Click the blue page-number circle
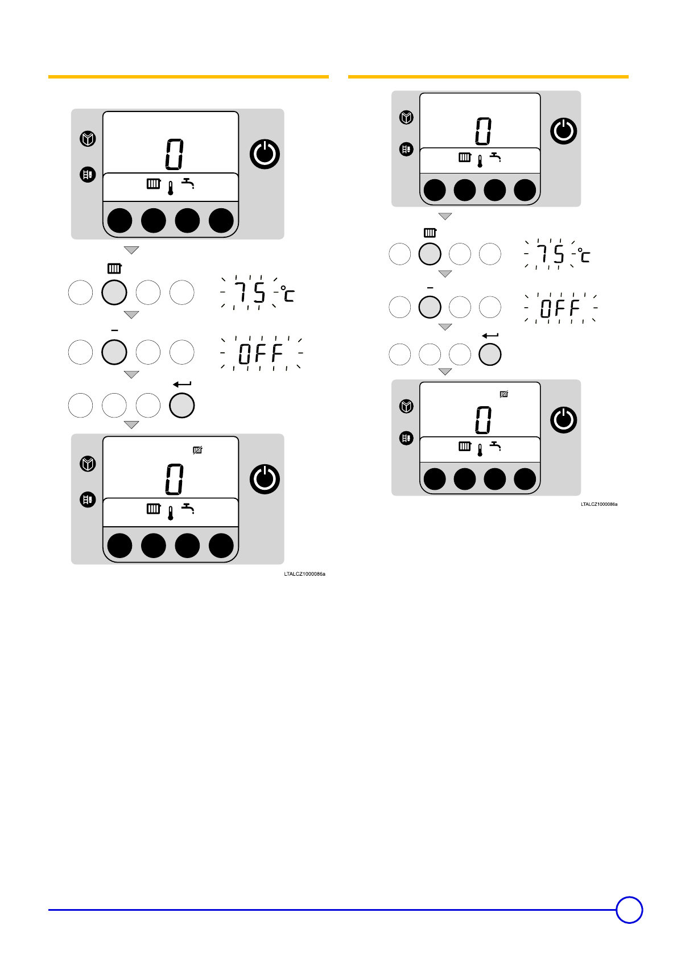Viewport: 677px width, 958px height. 629,910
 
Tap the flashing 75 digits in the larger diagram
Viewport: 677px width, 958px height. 251,294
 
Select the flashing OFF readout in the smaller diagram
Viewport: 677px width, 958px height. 560,308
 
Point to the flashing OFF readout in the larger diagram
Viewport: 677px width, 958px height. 261,353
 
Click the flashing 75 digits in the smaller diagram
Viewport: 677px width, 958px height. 551,254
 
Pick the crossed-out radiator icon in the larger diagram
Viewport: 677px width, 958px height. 197,451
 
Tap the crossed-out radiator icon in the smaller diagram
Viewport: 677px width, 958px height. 503,394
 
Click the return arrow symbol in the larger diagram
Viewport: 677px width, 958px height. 182,385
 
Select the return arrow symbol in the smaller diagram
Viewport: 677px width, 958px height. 490,336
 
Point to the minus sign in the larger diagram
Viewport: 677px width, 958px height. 114,330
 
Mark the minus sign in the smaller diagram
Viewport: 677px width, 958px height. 430,288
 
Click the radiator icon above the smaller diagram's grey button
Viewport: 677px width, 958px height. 430,233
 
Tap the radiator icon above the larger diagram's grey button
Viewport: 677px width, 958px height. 114,269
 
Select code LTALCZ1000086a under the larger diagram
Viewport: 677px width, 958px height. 304,574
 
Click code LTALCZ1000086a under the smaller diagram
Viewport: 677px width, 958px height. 598,504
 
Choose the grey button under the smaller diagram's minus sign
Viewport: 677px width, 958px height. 430,307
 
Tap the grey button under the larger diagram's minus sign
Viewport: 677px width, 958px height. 114,352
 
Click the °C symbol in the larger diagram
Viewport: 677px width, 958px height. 288,294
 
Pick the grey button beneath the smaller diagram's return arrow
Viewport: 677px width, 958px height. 490,355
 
